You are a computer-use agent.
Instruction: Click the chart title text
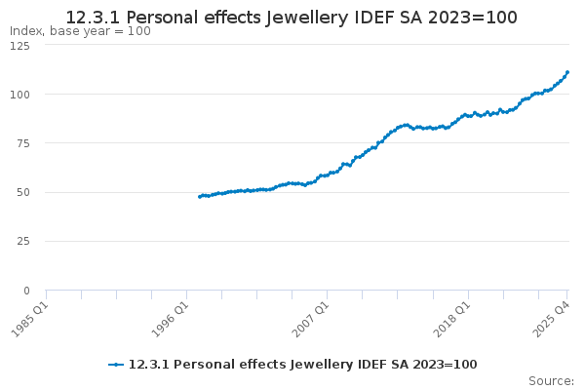click(x=292, y=18)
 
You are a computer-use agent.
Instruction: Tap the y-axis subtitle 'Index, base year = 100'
click(x=80, y=31)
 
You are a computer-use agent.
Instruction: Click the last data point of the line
click(x=567, y=72)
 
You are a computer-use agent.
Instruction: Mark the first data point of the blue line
click(x=199, y=197)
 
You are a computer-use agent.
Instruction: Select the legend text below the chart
click(x=302, y=364)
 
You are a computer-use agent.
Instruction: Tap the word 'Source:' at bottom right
click(x=551, y=380)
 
